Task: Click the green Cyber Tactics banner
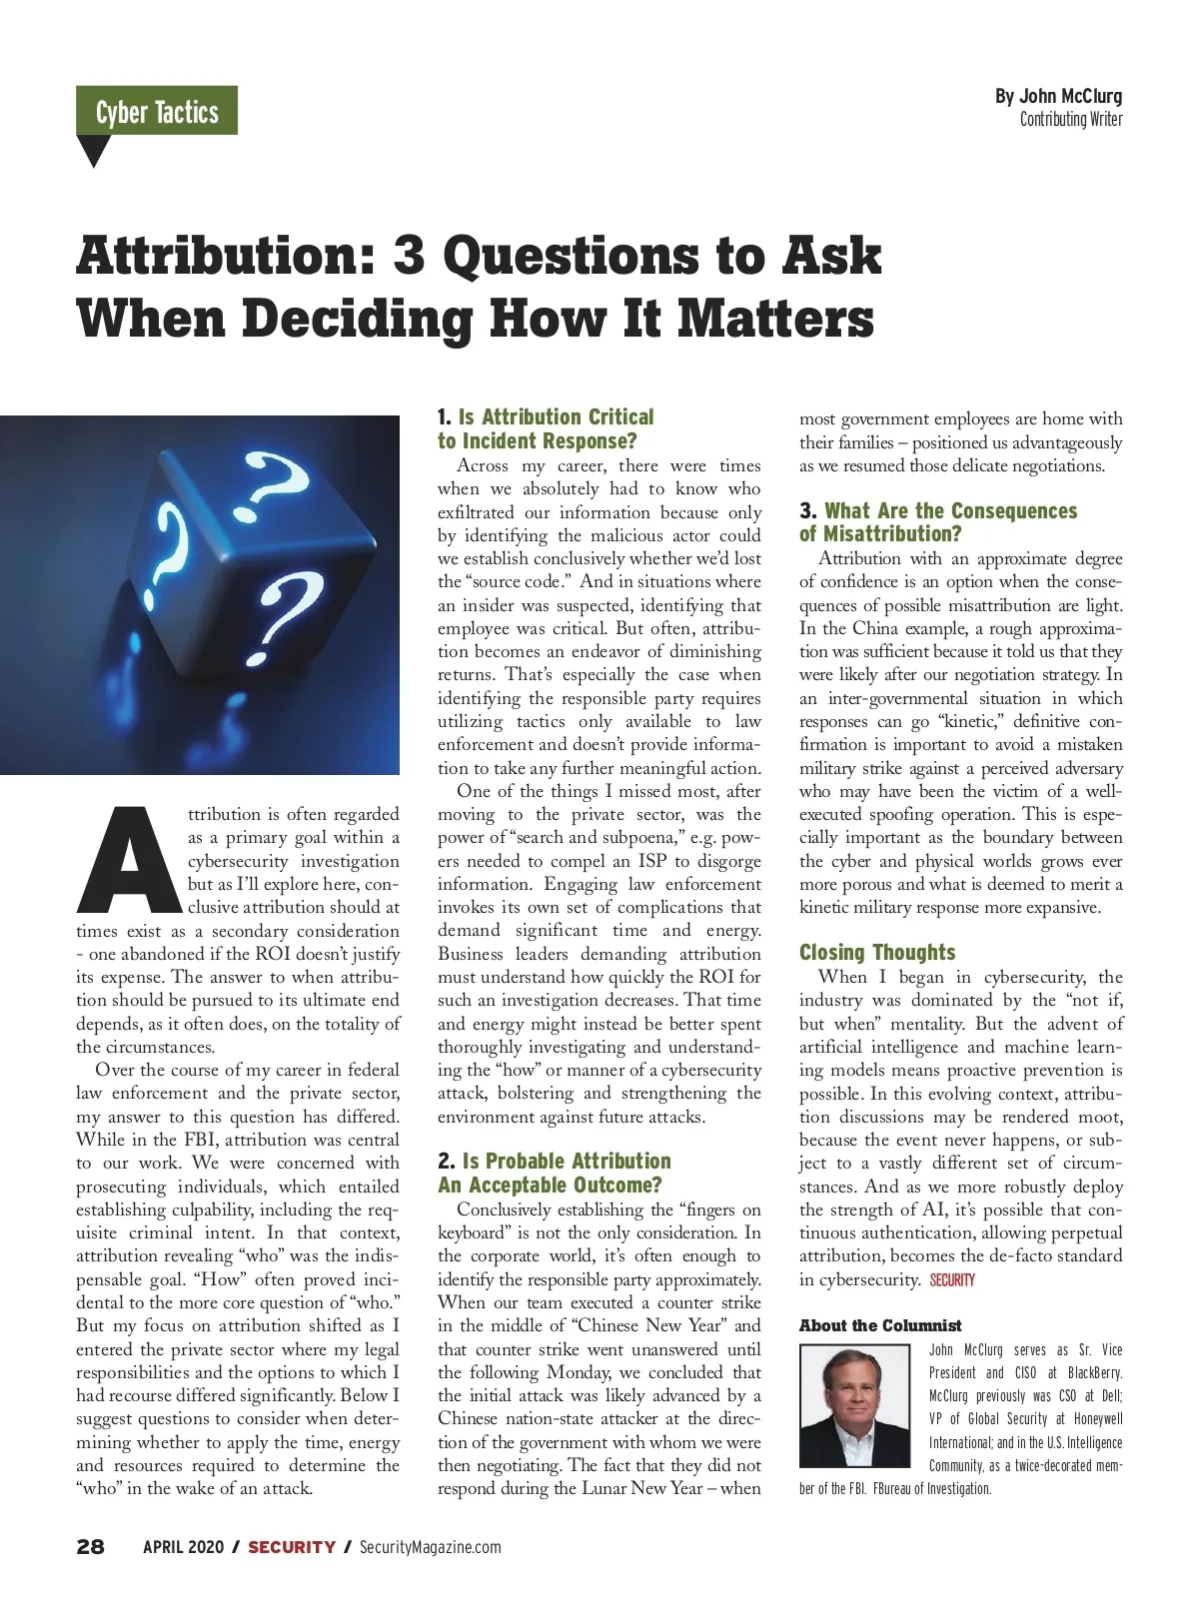coord(157,111)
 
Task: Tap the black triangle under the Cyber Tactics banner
coord(94,150)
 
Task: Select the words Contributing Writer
coord(1071,120)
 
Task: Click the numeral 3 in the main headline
coord(408,256)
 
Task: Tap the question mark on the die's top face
coord(277,481)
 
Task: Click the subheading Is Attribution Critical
coord(556,416)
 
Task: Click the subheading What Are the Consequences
coord(950,510)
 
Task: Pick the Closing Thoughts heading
coord(877,952)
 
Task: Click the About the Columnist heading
coord(880,1325)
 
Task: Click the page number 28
coord(90,1547)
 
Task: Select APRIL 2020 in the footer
coord(182,1547)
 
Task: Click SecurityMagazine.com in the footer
coord(430,1547)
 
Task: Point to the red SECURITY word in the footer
coord(292,1547)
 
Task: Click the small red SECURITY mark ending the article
coord(952,1280)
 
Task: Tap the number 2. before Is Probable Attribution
coord(447,1161)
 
